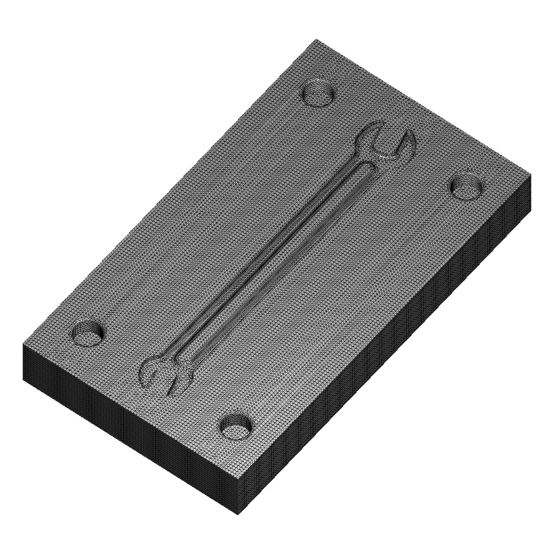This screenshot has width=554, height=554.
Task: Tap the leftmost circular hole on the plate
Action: [88, 332]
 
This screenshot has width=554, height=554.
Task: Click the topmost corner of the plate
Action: [317, 39]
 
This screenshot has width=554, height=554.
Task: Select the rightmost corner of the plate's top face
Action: [531, 176]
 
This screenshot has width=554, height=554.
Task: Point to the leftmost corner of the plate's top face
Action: [23, 345]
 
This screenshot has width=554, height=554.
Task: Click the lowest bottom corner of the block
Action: [238, 514]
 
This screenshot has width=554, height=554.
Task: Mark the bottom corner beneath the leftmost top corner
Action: [24, 379]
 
